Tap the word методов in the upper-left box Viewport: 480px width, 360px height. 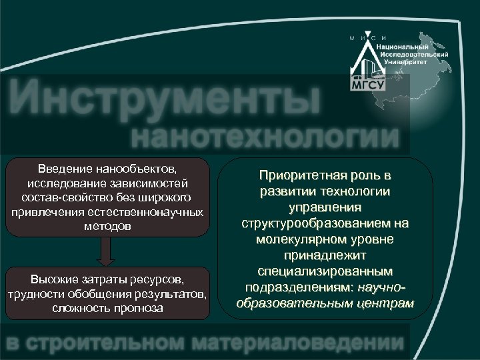pyautogui.click(x=106, y=227)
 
